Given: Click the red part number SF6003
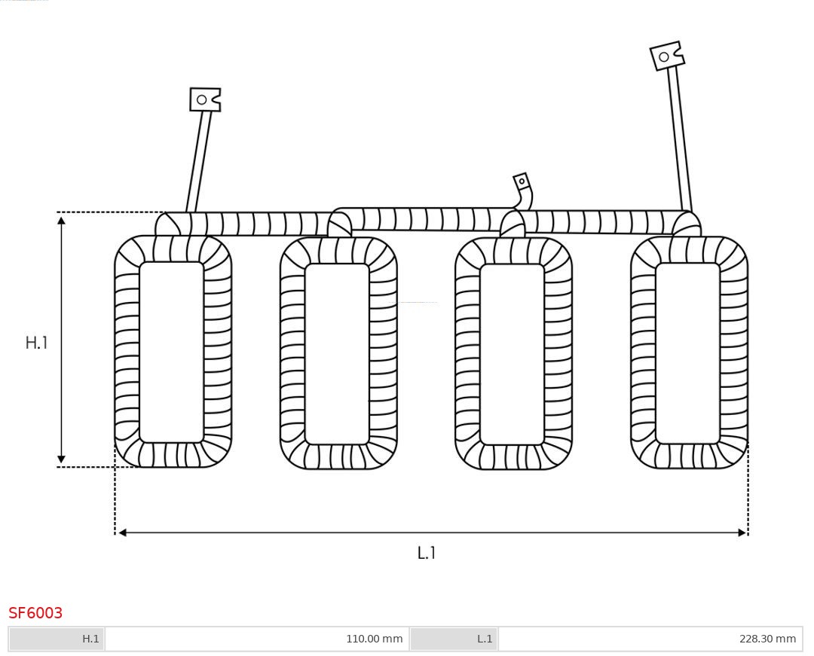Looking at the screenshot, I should point(35,613).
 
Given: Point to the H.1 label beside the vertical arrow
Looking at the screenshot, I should point(36,343).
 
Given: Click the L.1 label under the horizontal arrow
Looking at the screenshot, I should point(427,553).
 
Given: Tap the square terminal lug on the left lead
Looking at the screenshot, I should point(204,99).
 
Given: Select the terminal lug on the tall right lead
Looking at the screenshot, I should point(666,56).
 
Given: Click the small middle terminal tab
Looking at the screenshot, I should point(522,182).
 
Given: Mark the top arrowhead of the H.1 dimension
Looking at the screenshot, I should point(61,219).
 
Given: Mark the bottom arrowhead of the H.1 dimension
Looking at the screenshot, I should point(61,459).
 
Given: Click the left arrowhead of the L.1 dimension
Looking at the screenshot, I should point(122,532).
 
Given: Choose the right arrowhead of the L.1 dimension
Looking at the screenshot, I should point(742,532).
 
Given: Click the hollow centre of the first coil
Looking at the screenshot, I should point(172,352).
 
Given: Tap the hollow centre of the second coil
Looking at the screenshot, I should point(337,353).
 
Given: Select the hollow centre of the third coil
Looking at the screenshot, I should point(513,354).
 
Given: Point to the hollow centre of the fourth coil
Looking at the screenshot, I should point(688,352).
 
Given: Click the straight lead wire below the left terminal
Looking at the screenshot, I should point(199,162).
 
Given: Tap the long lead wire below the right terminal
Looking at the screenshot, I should point(679,139).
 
